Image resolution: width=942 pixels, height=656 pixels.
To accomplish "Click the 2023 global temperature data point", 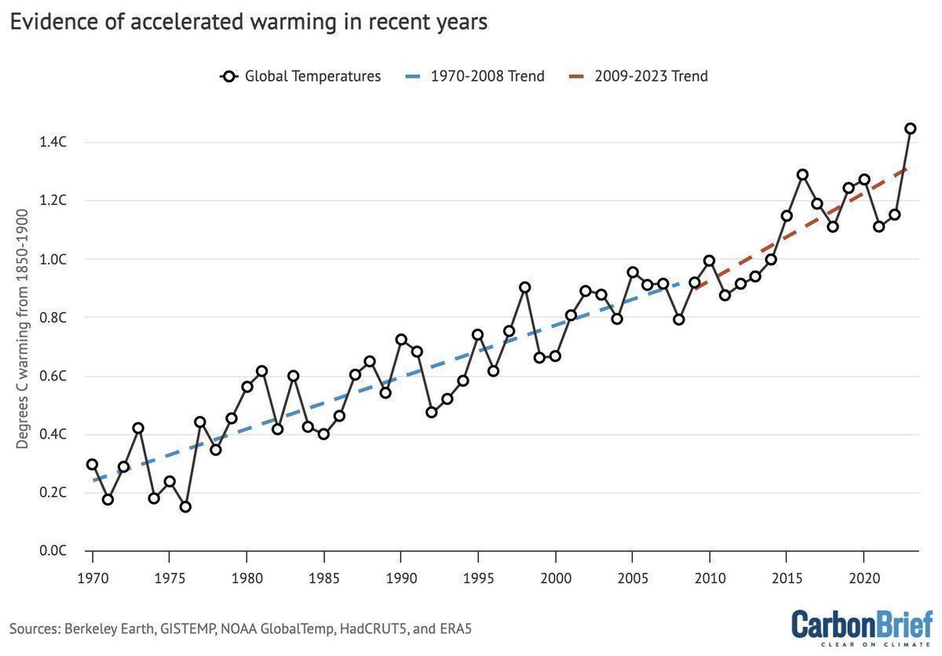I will (x=910, y=129).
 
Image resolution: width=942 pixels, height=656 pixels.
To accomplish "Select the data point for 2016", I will (x=802, y=175).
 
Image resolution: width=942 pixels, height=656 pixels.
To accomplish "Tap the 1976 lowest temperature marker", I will (x=185, y=507).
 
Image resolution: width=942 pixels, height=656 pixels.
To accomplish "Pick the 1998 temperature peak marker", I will (x=524, y=287).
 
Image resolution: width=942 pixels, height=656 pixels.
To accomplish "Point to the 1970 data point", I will (x=93, y=465).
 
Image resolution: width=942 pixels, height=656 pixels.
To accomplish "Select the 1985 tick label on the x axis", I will (x=323, y=578).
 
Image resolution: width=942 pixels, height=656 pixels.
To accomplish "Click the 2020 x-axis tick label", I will (x=863, y=578).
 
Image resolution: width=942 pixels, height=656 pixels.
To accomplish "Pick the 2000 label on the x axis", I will (x=555, y=578).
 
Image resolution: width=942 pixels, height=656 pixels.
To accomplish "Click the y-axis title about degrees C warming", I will (x=23, y=330).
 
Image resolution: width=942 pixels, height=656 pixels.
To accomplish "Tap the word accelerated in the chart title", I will (x=182, y=22).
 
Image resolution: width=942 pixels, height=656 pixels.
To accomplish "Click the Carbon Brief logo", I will (x=861, y=627).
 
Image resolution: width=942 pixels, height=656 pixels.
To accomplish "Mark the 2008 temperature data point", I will (x=678, y=319).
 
